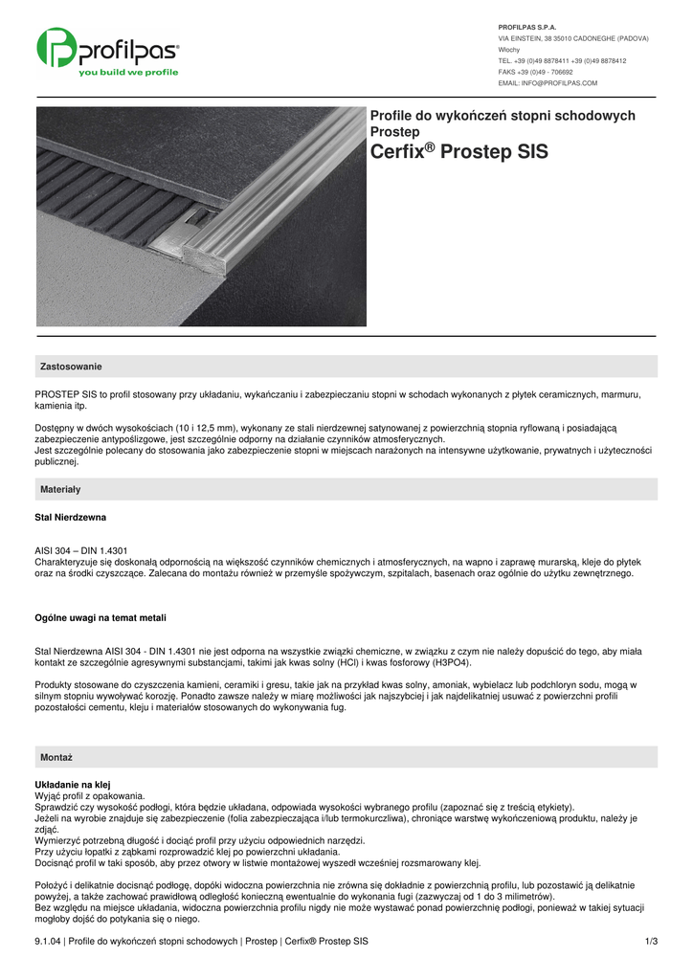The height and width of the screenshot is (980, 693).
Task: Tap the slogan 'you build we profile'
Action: point(128,72)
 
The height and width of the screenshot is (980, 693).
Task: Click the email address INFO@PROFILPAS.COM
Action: point(548,83)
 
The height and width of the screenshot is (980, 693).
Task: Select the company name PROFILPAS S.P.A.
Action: point(527,27)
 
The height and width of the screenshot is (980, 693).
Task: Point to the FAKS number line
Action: point(536,72)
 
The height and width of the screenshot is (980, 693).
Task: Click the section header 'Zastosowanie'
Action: point(71,367)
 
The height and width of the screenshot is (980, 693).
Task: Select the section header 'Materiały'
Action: point(60,489)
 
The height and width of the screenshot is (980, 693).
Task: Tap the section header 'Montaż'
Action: point(56,756)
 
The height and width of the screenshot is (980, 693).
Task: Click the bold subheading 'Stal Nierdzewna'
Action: point(70,518)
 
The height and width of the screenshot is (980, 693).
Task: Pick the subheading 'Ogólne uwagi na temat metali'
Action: point(101,618)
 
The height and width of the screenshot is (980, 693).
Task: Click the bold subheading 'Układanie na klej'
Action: point(72,785)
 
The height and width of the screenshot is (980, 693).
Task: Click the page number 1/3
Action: point(652,942)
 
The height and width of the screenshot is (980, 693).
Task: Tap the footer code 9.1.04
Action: point(48,942)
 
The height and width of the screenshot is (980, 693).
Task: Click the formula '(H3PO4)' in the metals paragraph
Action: point(449,662)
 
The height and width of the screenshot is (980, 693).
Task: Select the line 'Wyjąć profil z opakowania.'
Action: point(90,795)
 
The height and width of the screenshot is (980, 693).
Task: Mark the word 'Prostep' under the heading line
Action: point(394,131)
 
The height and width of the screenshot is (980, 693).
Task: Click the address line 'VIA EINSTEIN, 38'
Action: point(529,38)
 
